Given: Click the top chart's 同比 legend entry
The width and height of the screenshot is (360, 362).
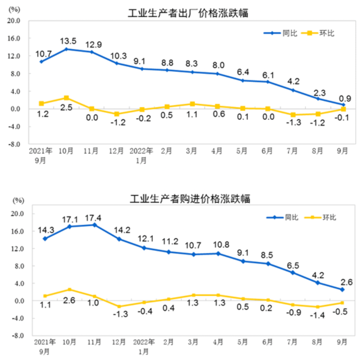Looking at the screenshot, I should tap(283, 33).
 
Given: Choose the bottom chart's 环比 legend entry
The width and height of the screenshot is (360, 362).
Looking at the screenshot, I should tap(322, 217).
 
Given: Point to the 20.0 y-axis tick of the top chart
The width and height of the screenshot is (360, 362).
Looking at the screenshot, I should tap(13, 21).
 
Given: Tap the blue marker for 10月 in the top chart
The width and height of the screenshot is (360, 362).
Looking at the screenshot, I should tap(66, 49).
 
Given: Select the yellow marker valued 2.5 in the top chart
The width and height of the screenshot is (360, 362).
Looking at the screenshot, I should tap(66, 98).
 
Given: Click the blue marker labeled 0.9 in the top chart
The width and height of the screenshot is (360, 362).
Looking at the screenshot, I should tap(343, 105).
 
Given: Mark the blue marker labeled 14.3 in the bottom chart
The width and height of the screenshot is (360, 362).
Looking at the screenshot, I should tap(45, 238).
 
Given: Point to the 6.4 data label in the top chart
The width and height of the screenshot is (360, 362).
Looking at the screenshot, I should tap(243, 72).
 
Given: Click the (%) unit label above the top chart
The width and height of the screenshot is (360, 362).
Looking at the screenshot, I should tap(14, 9).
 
